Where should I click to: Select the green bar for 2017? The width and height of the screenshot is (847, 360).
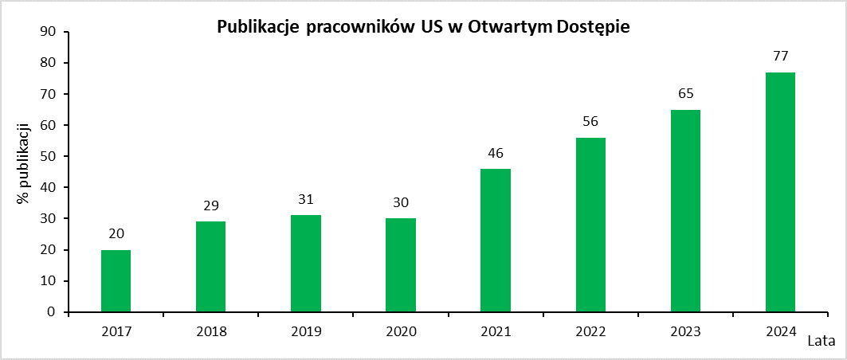pos(116,281)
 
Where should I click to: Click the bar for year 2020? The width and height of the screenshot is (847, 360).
pos(400,265)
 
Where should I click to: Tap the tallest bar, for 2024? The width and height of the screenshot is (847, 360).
pos(780,192)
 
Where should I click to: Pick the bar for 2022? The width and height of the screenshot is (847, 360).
pos(590,225)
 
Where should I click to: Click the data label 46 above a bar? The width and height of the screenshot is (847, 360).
pos(496,153)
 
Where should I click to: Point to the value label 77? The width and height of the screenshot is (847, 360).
pos(780,57)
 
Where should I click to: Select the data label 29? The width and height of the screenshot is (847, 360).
pos(210,205)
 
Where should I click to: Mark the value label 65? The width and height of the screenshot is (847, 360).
pos(685,94)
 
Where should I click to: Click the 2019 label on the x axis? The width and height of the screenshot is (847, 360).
pos(306,331)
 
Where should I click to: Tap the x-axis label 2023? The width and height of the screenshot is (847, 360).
pos(685,331)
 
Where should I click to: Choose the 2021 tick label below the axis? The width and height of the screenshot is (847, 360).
pos(496,331)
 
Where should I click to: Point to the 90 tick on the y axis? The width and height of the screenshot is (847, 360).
pos(48,32)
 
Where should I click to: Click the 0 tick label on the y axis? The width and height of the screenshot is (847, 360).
pos(52,312)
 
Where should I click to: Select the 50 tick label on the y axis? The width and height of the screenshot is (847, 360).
pos(48,156)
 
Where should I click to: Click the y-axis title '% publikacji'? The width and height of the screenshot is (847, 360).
pos(23,163)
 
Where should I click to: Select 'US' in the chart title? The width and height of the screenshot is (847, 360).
pos(421,27)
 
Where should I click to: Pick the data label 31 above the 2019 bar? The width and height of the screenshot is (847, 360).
pos(306,199)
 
